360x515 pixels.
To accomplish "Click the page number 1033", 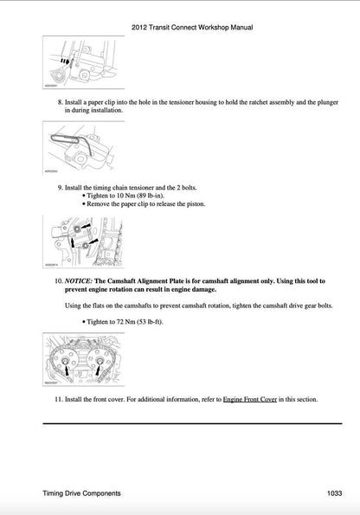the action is [336, 493].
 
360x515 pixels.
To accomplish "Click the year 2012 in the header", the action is [140, 28].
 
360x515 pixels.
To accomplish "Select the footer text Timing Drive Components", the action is [80, 493].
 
